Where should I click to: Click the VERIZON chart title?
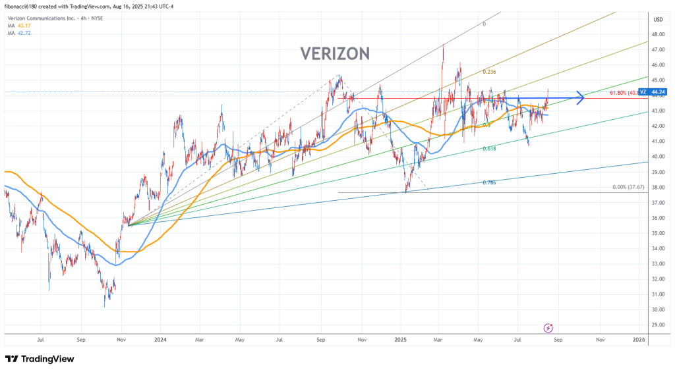coord(335,53)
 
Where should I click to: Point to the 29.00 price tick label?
coord(657,325)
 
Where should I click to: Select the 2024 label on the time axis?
coord(160,340)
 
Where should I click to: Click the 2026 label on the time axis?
coord(639,340)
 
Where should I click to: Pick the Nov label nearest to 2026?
coord(600,340)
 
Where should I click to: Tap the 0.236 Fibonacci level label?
coord(488,72)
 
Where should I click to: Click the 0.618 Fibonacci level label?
coord(488,149)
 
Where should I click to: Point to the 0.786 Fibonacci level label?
coord(488,182)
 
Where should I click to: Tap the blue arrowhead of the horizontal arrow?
coord(581,99)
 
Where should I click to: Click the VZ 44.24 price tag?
coord(656,92)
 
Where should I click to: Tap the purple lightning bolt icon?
coord(548,327)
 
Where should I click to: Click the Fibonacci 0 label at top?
coord(484,24)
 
